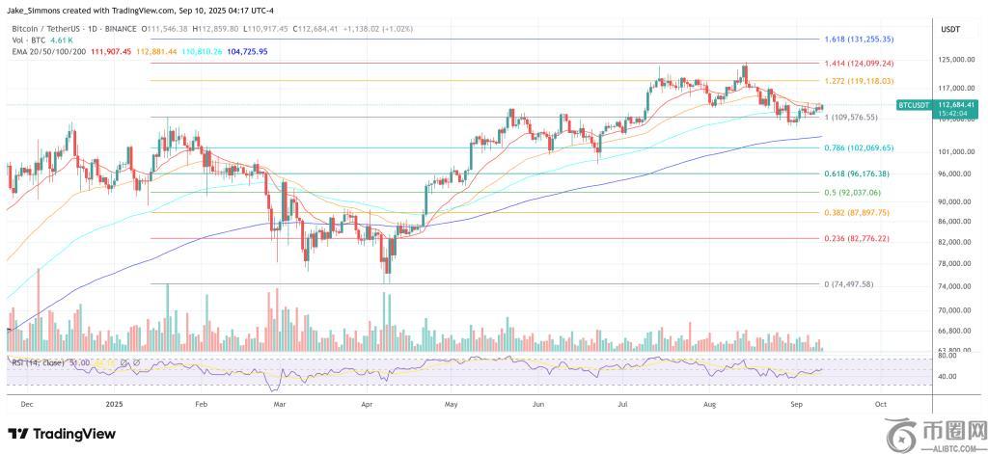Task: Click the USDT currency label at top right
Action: pyautogui.click(x=950, y=30)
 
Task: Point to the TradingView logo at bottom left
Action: pyautogui.click(x=55, y=433)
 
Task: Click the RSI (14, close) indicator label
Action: pyautogui.click(x=40, y=362)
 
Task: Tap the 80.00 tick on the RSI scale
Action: pyautogui.click(x=947, y=356)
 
